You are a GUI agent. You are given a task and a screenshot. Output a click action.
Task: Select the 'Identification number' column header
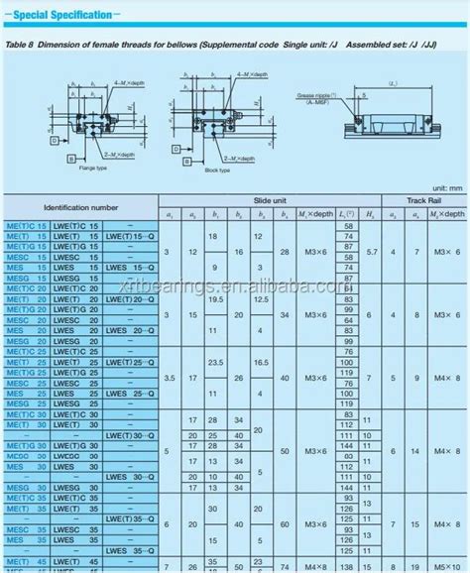[78, 208]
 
